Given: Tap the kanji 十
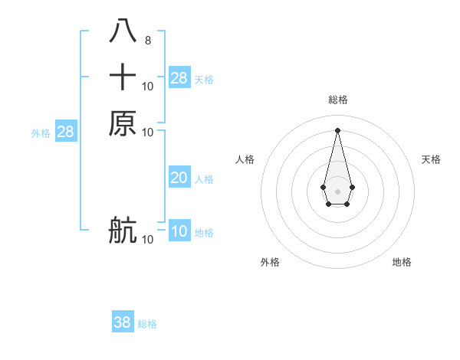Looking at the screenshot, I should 123,77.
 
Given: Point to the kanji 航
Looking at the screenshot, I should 123,230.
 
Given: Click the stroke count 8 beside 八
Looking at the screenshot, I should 148,41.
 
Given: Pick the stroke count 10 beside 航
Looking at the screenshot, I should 148,240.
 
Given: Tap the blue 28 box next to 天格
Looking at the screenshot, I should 179,77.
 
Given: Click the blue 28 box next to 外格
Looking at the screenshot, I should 65,132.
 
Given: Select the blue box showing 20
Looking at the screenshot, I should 179,178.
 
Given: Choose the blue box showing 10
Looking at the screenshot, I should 179,231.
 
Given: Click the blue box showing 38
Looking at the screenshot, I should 123,322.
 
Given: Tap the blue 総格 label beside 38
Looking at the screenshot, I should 147,324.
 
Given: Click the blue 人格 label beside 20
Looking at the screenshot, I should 204,179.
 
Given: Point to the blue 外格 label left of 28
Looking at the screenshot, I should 41,133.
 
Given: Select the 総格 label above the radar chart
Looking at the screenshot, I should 337,100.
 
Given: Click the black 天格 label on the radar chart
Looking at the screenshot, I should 431,159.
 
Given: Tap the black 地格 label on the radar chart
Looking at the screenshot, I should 402,262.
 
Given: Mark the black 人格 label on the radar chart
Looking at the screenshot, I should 245,159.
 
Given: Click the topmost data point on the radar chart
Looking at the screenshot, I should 337,130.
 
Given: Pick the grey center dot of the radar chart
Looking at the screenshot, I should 337,190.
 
